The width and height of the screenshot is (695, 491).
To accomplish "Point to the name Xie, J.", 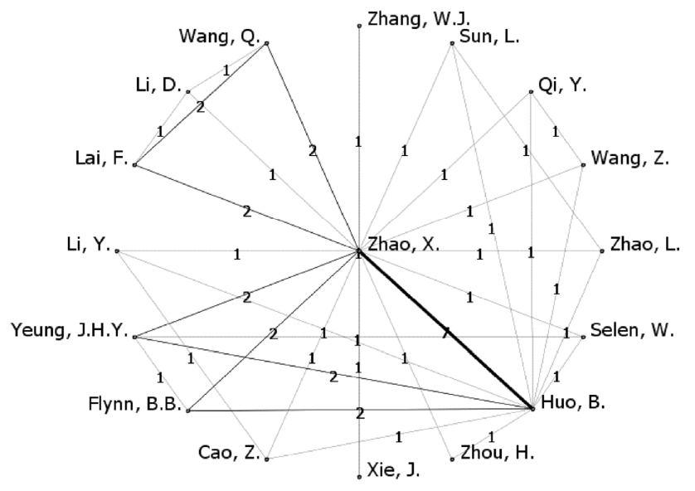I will pos(395,472).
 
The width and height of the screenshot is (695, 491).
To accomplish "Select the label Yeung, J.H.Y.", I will pos(69,332).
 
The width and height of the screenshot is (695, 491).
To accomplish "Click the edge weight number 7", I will pos(445,333).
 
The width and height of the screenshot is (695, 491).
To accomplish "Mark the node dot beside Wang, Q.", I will pos(267,43).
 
